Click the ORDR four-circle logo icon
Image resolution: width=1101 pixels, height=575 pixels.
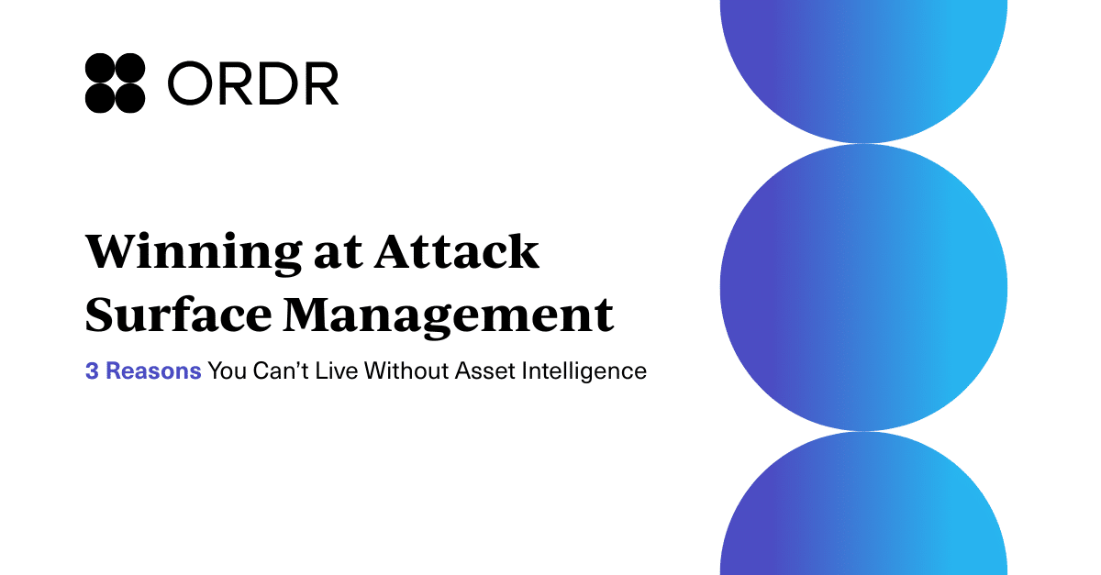click(115, 83)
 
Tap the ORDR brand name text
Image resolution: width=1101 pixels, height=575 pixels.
click(253, 84)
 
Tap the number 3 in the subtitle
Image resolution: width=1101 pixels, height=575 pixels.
click(92, 371)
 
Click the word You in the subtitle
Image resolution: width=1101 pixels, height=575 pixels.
click(224, 371)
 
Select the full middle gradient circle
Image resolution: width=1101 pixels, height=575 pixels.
click(863, 287)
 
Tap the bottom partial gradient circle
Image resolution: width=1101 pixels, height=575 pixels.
click(863, 514)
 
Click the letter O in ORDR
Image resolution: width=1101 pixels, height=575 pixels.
click(190, 84)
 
